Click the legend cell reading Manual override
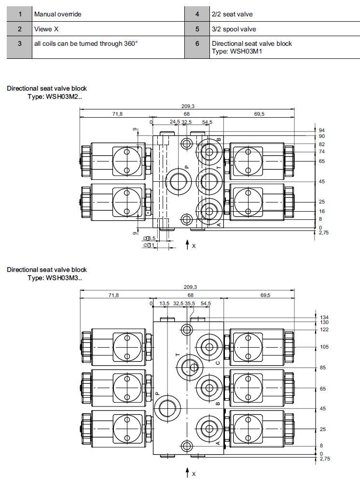57,14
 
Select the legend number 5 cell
197,29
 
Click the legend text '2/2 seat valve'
232,14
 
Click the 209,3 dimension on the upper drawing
187,106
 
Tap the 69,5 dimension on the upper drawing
259,114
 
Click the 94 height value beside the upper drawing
322,130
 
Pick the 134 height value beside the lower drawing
323,317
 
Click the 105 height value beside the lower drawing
323,347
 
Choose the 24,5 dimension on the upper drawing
174,122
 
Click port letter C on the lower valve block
218,363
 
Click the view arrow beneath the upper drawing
187,245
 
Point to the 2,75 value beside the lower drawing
324,459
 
